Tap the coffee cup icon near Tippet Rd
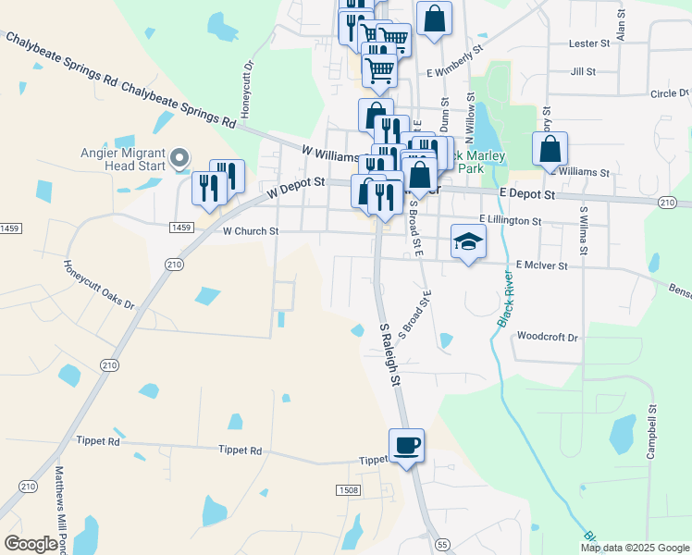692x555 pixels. (x=406, y=446)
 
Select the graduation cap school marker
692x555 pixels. (x=468, y=241)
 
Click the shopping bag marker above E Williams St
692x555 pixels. (x=550, y=150)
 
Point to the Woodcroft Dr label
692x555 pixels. (x=548, y=337)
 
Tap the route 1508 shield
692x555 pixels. (x=348, y=489)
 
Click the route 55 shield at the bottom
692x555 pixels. (x=442, y=545)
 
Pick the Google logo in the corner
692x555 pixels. (x=31, y=544)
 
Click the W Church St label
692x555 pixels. (x=250, y=231)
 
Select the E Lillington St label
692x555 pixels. (x=511, y=220)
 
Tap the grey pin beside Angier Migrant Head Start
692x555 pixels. (x=181, y=158)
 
